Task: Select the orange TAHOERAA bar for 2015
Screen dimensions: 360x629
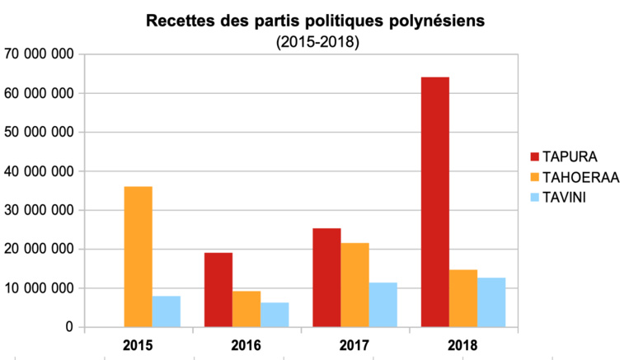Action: pyautogui.click(x=138, y=257)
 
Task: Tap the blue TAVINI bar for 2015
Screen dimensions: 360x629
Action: pyautogui.click(x=167, y=311)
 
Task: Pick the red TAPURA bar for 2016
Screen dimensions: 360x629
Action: pyautogui.click(x=218, y=290)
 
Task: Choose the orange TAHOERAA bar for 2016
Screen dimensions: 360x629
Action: pyautogui.click(x=246, y=309)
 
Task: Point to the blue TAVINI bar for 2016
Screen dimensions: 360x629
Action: pyautogui.click(x=275, y=315)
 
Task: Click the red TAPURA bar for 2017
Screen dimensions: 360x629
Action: pyautogui.click(x=326, y=278)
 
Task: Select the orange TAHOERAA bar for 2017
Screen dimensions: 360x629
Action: pyautogui.click(x=355, y=285)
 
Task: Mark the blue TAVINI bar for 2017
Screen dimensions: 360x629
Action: pyautogui.click(x=383, y=305)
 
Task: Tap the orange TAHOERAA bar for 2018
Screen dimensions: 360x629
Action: pyautogui.click(x=463, y=298)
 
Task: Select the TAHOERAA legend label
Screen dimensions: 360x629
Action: pyautogui.click(x=580, y=176)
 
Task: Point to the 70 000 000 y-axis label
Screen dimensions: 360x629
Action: pyautogui.click(x=40, y=54)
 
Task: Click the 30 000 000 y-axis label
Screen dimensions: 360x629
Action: pyautogui.click(x=40, y=210)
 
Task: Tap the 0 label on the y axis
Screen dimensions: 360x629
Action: pyautogui.click(x=70, y=327)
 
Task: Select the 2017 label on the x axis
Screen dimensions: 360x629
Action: pyautogui.click(x=354, y=344)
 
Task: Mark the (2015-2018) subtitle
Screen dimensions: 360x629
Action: pyautogui.click(x=318, y=41)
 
